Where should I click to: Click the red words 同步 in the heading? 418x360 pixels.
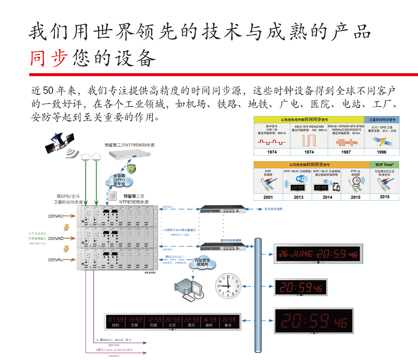pos(49,58)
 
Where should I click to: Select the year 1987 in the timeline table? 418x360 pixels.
pos(346,152)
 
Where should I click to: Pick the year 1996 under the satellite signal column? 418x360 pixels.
pos(381,152)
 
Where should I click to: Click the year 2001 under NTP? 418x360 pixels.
pos(268,197)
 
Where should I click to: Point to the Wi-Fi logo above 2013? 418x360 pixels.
pos(301,179)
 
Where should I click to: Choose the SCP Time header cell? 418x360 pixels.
pos(384,164)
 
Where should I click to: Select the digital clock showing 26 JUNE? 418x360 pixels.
pos(318,254)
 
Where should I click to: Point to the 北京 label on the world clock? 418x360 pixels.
pos(172,325)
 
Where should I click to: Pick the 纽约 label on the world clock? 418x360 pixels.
pos(115,325)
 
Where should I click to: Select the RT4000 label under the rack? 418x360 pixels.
pos(150,272)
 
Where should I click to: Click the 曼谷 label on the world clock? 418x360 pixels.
pos(228,325)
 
